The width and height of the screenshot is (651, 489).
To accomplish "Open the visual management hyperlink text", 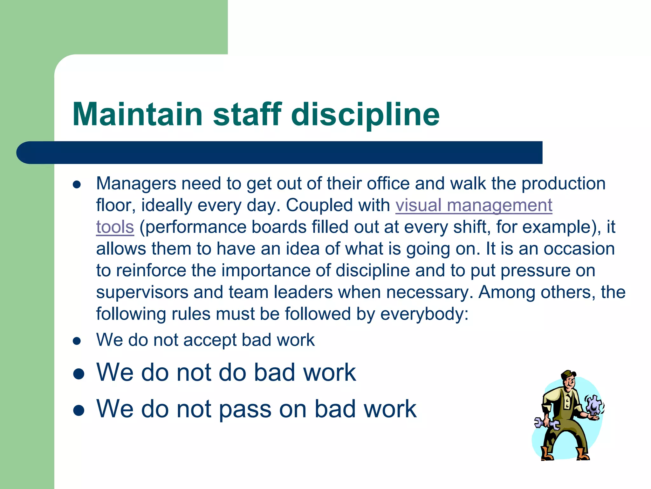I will coord(474,205).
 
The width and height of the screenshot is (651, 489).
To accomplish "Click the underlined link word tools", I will coord(115,227).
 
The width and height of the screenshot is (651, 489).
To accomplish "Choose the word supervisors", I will coord(142,292).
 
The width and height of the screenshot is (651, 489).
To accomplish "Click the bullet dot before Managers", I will coord(77,185).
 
